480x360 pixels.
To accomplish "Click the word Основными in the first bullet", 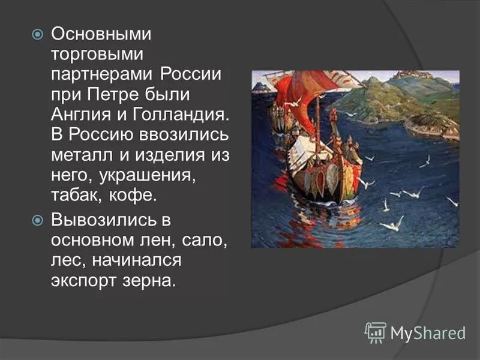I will coord(101,35).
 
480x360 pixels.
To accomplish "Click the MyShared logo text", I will coord(428,331).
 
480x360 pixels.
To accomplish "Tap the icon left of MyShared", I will coord(376,332).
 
